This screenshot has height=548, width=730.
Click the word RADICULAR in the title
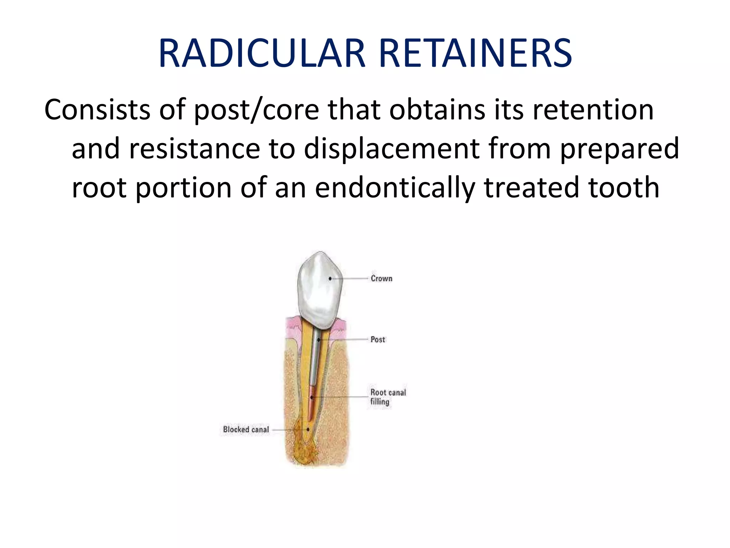click(262, 54)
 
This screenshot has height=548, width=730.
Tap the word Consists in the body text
click(97, 110)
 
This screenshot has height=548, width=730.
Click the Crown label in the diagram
click(381, 278)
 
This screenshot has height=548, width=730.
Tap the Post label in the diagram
click(378, 339)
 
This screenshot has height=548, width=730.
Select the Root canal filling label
click(388, 397)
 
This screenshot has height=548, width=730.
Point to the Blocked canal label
click(246, 429)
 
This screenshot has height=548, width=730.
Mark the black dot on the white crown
click(330, 279)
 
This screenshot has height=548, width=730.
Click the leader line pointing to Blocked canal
click(289, 430)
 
